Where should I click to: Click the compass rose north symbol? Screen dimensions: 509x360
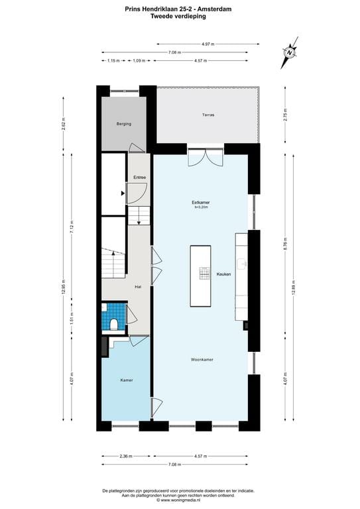coord(290,53)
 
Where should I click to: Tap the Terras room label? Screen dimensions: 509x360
coord(208,115)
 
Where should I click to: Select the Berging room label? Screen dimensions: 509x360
coord(123,124)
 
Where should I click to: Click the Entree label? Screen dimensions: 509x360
coord(139,178)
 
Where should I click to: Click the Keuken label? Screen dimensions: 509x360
coord(223,274)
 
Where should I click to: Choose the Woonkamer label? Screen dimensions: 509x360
coord(202,360)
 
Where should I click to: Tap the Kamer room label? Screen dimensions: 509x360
coord(126,380)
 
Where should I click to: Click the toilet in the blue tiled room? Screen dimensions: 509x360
coord(115,324)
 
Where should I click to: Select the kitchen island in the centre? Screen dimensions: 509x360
coord(200,276)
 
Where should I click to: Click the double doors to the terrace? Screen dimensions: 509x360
coord(202,157)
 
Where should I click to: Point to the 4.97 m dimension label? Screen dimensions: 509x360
coord(208,44)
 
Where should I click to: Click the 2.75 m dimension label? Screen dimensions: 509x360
coord(284,114)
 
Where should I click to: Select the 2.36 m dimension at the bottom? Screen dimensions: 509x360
coord(127,456)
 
